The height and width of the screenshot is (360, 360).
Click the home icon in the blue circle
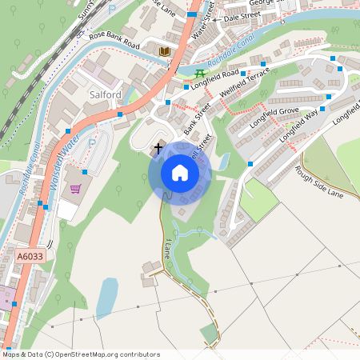tap(180, 173)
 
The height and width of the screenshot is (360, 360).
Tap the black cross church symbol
tap(158, 147)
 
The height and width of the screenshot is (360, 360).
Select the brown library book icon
tap(165, 51)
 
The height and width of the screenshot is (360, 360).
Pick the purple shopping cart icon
tap(76, 189)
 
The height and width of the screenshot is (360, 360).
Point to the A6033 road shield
tap(30, 257)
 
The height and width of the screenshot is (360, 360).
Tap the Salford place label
tap(102, 94)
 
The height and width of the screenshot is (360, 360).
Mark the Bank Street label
tap(196, 118)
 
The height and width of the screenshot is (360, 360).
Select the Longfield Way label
tap(298, 126)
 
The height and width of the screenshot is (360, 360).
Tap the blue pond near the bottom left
tap(107, 298)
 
